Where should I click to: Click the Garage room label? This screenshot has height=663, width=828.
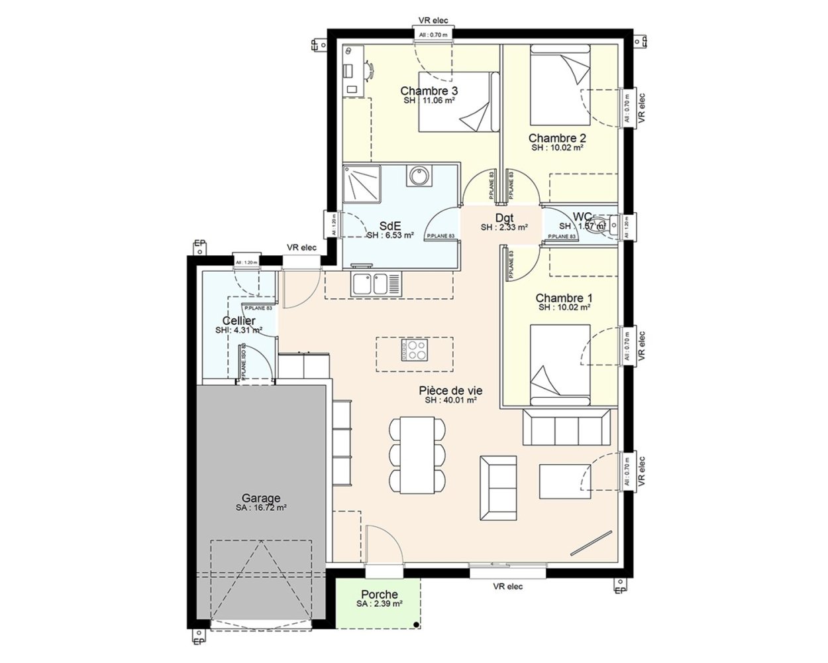[x=260, y=498]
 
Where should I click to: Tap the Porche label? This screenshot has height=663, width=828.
[x=380, y=595]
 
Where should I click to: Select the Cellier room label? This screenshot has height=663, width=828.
[x=239, y=321]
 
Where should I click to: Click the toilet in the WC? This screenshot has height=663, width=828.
[x=599, y=224]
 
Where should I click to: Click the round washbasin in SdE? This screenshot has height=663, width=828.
[x=419, y=176]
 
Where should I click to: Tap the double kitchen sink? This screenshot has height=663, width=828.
[x=376, y=284]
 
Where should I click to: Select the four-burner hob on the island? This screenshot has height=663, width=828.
[x=415, y=349]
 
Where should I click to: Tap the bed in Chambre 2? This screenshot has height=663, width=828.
[x=560, y=84]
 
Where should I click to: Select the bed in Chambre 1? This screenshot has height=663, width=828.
[x=560, y=365]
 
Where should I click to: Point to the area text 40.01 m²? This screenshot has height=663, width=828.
[x=451, y=400]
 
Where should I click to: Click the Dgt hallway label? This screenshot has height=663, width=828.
[x=504, y=218]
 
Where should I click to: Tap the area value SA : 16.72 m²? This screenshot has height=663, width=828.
[x=260, y=508]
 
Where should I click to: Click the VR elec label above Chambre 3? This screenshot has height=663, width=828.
[x=433, y=21]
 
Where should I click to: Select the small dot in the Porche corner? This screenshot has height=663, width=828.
[x=415, y=625]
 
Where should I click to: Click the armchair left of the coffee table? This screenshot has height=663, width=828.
[x=497, y=487]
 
